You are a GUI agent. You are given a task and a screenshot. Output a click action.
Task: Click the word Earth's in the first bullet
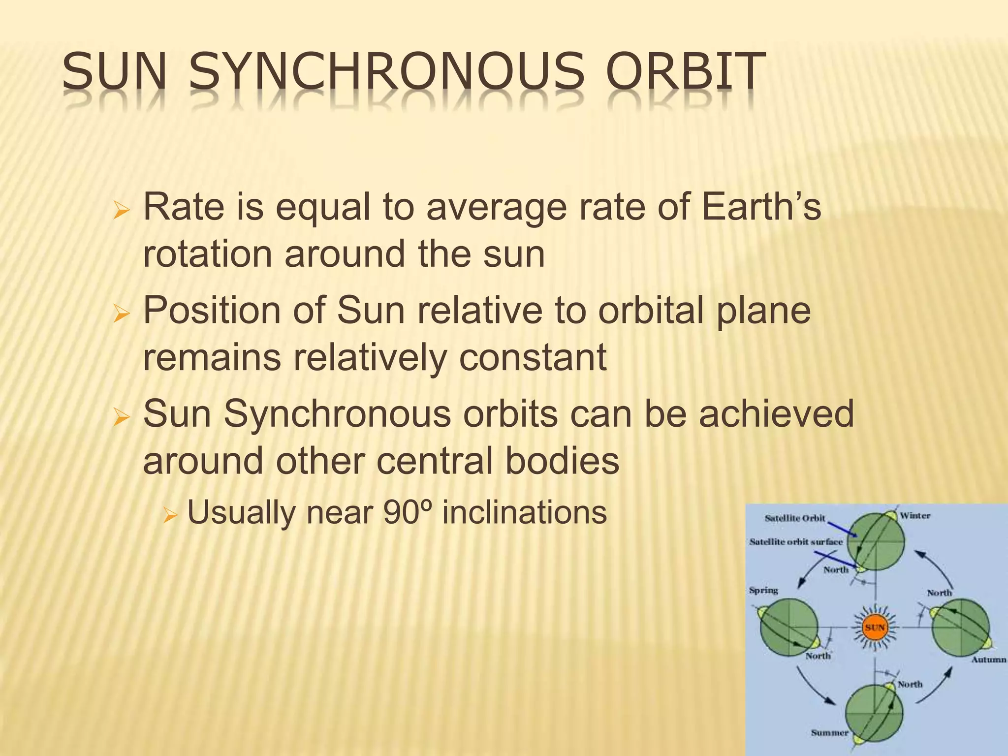pyautogui.click(x=761, y=207)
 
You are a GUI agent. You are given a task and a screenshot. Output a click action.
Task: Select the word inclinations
pyautogui.click(x=524, y=512)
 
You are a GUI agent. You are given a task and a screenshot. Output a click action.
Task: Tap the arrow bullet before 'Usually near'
pyautogui.click(x=170, y=516)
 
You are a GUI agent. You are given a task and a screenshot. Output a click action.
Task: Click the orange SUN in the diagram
pyautogui.click(x=875, y=628)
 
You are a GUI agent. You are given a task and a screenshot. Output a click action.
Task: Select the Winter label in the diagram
pyautogui.click(x=915, y=515)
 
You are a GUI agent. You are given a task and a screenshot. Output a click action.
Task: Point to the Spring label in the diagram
pyautogui.click(x=763, y=590)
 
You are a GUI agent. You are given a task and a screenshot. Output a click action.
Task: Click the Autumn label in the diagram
pyautogui.click(x=988, y=660)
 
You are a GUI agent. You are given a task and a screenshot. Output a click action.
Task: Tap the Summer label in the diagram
pyautogui.click(x=830, y=732)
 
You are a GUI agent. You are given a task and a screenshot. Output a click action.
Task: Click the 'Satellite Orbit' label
pyautogui.click(x=794, y=518)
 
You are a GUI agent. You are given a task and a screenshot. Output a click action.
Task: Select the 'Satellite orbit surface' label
pyautogui.click(x=796, y=541)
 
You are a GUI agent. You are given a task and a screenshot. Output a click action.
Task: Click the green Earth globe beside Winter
pyautogui.click(x=878, y=540)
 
